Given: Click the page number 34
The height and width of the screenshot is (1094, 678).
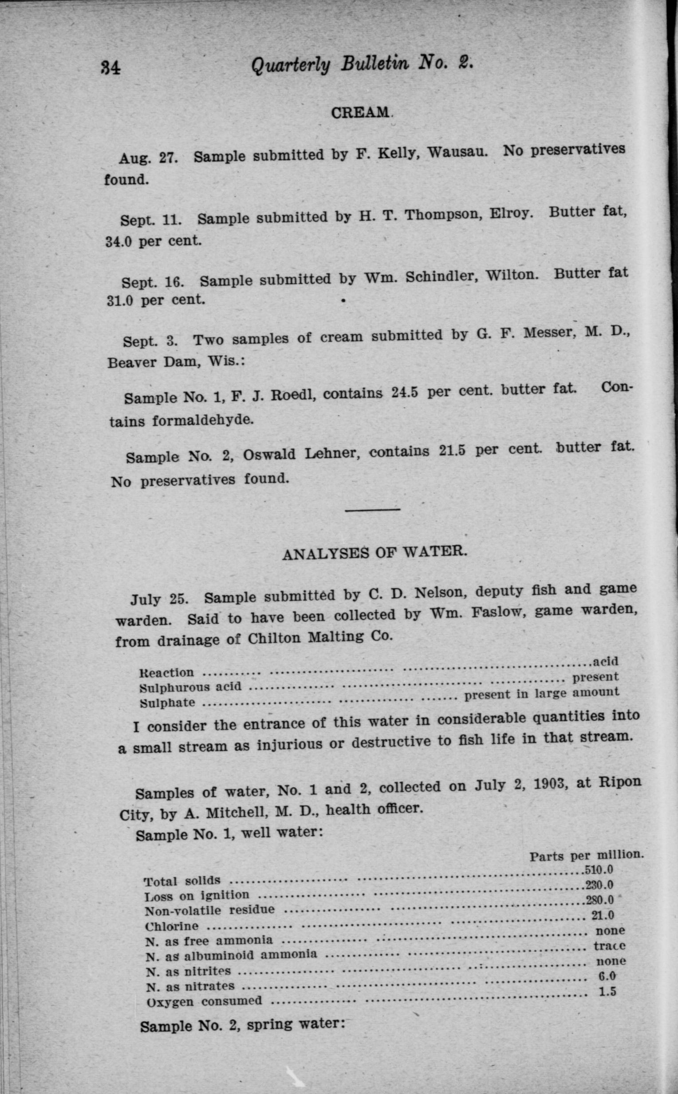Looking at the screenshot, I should [110, 68].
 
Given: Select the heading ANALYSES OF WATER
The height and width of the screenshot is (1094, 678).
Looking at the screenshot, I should [374, 553].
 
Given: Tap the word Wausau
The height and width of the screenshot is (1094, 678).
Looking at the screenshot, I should [457, 151].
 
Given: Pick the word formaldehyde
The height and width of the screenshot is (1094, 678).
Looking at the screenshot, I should [203, 420].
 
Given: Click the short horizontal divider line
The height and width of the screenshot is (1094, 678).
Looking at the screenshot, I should [372, 510].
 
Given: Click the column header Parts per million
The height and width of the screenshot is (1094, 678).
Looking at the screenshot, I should [587, 856].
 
